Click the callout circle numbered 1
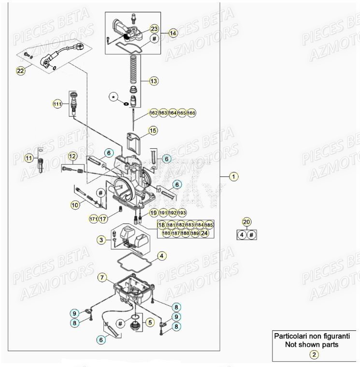pos(234,177)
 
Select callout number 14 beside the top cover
pos(173,33)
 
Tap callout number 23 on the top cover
pos(154,28)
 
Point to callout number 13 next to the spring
pos(153,81)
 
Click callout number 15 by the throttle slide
pos(153,130)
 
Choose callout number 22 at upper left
pos(20,71)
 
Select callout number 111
pos(58,104)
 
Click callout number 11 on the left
pos(29,158)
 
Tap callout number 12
pos(72,156)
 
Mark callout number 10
pos(75,205)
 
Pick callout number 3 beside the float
pos(101,240)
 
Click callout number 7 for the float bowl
pos(102,277)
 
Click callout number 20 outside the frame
pos(246,222)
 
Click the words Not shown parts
pos(314,345)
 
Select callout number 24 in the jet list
pos(205,233)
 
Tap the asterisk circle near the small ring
pos(115,97)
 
